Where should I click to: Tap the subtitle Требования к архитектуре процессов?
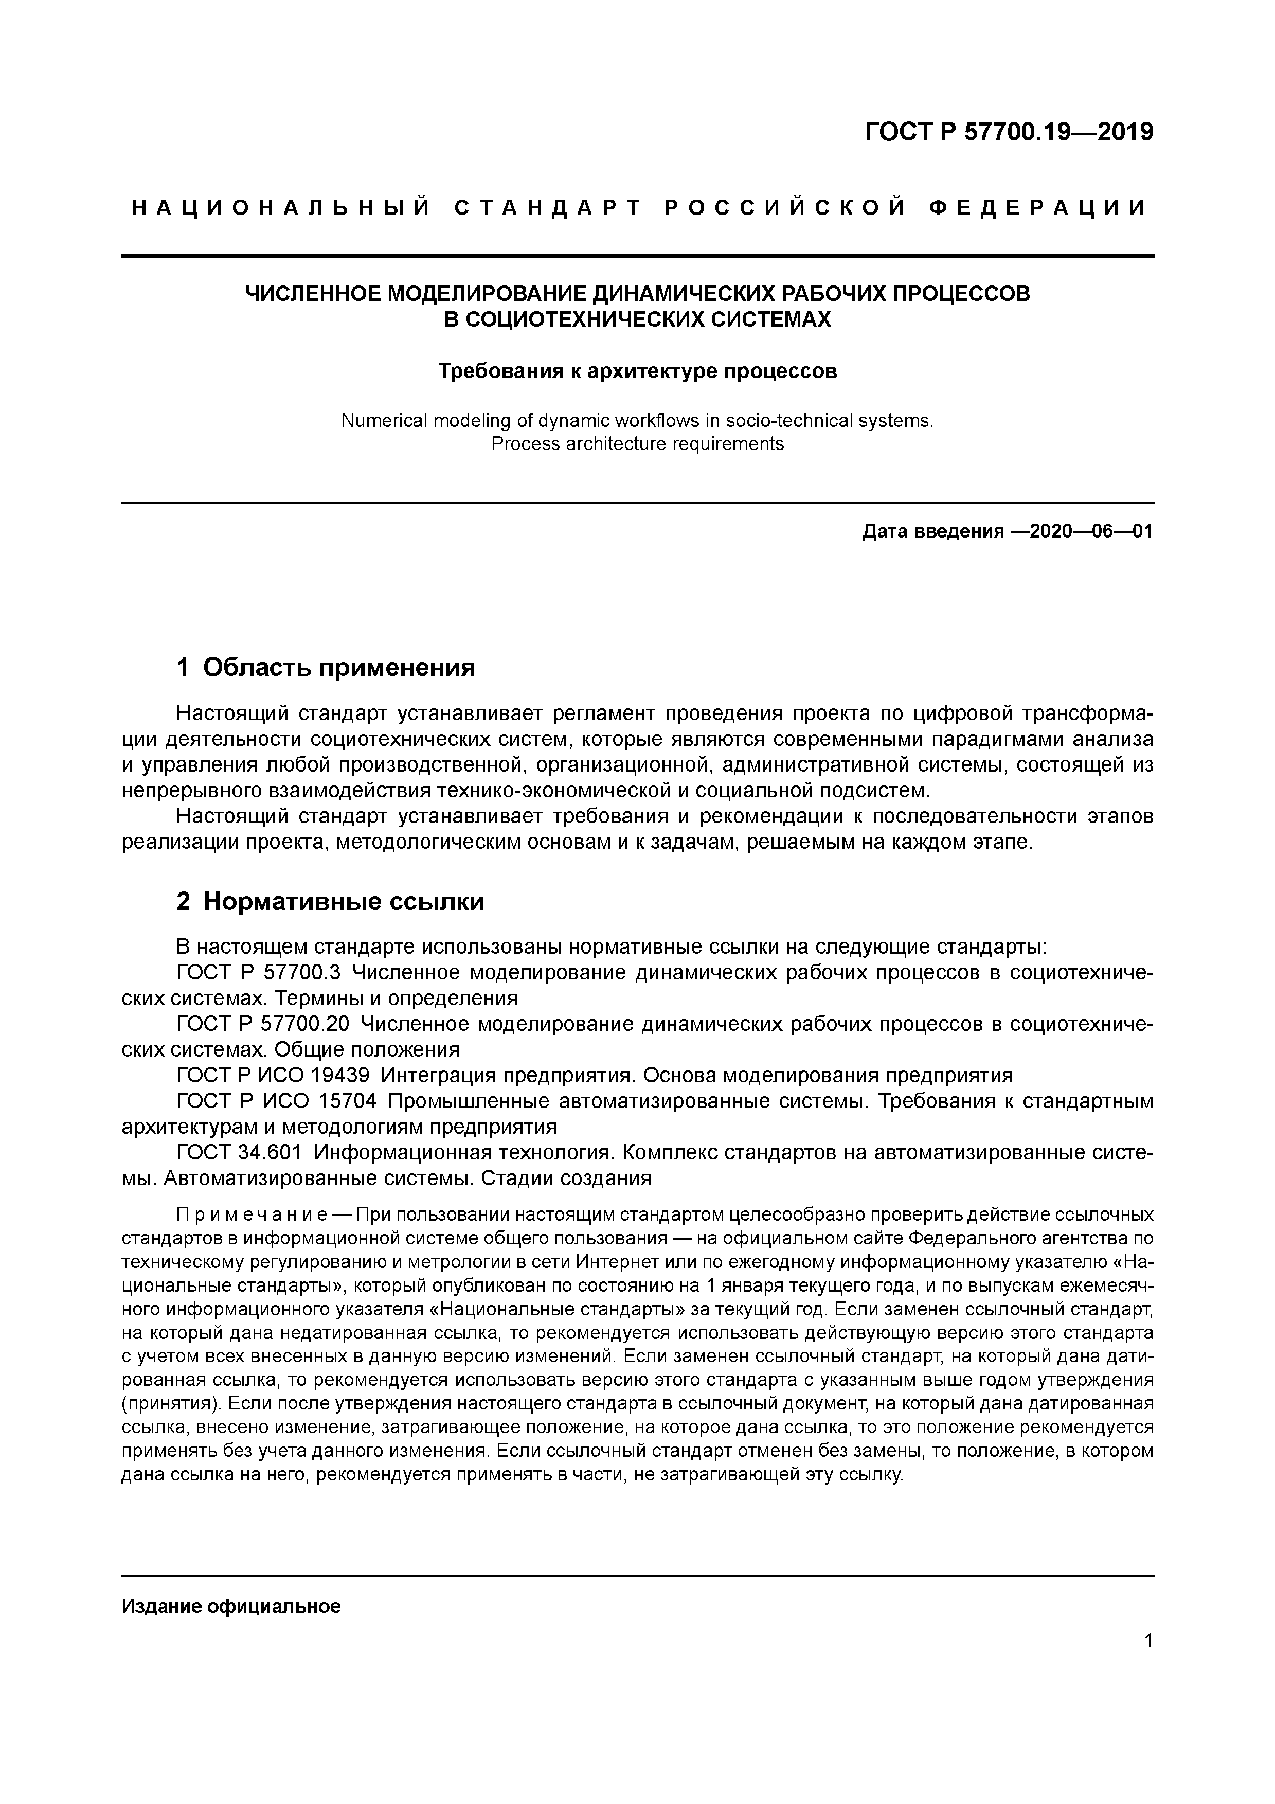pos(637,371)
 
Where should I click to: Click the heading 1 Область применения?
pos(326,668)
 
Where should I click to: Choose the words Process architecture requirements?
pos(637,444)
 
